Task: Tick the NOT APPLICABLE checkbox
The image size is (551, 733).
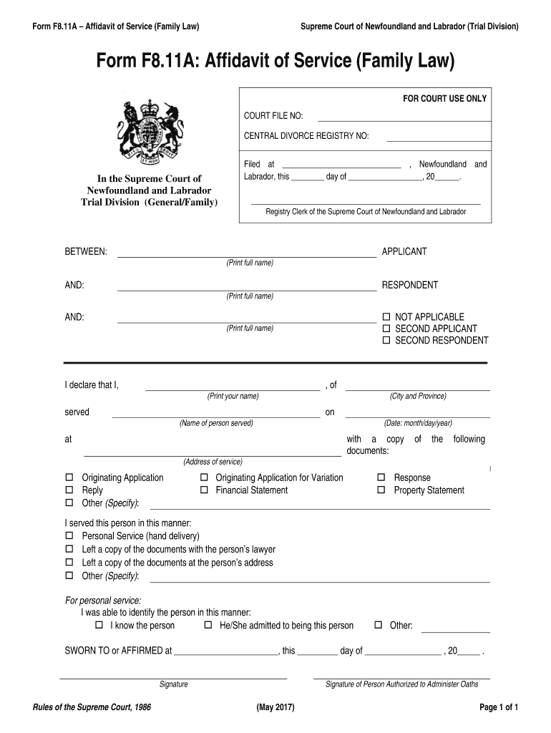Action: [x=386, y=317]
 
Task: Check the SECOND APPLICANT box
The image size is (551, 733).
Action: [x=386, y=329]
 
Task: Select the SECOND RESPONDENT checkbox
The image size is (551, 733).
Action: [x=386, y=341]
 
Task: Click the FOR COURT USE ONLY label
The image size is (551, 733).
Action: [x=444, y=99]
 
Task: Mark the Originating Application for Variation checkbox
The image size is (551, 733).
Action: [x=204, y=477]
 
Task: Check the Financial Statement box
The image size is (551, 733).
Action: [x=204, y=490]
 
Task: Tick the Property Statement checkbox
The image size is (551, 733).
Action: [x=381, y=490]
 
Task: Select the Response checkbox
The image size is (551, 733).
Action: [x=381, y=477]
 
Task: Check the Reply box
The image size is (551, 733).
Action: [x=69, y=490]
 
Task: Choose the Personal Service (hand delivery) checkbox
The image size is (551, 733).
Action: [x=69, y=536]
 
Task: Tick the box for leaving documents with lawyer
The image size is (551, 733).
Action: [x=69, y=550]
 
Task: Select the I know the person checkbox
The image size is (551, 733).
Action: [x=99, y=626]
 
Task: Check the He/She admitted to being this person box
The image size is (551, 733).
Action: [x=208, y=626]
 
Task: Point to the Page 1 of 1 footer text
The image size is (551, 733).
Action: [x=498, y=708]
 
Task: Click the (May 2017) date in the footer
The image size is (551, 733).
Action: [x=275, y=708]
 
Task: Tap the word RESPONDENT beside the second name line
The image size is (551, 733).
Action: [x=409, y=285]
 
